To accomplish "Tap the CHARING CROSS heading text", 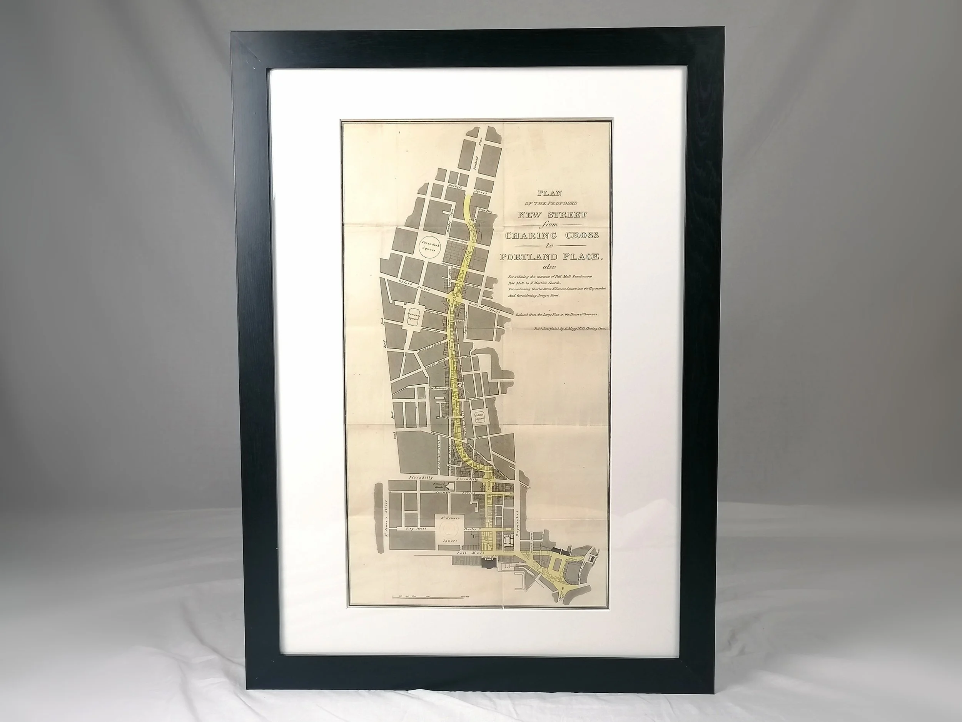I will click(x=551, y=235).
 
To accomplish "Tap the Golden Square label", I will click(x=479, y=417).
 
